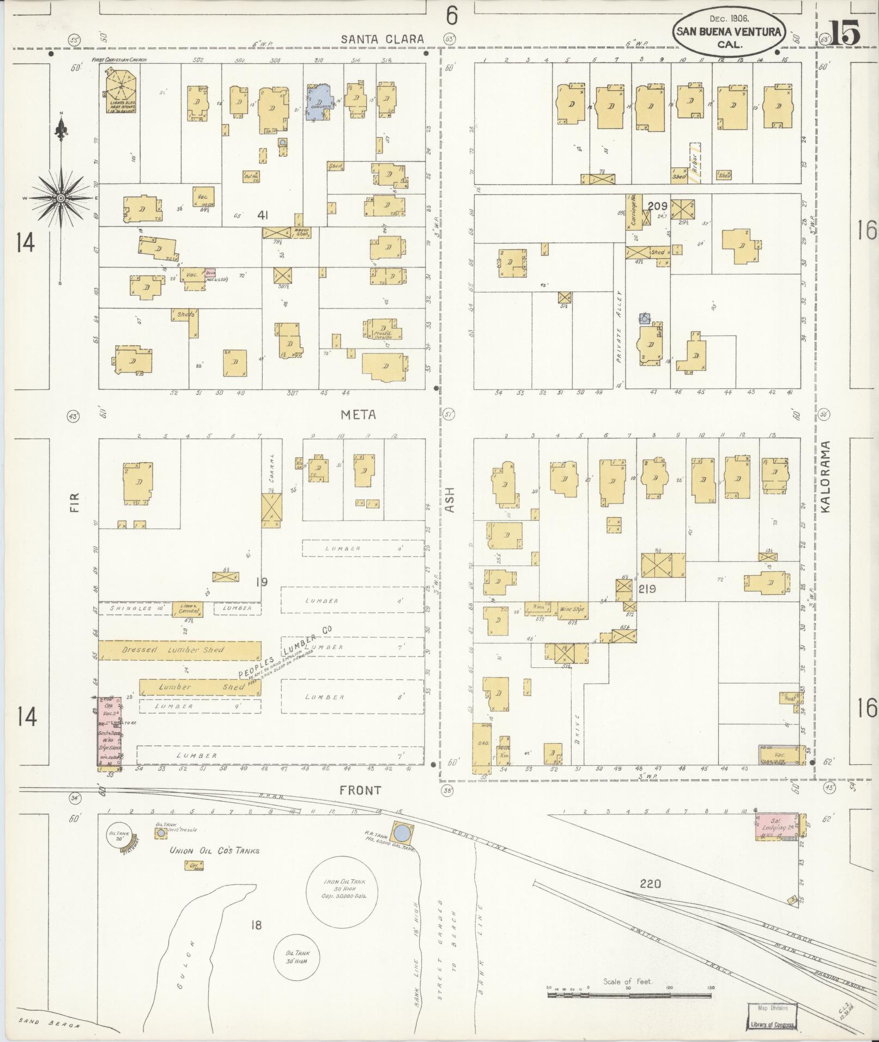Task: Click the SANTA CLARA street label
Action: [382, 39]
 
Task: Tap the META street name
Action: [358, 415]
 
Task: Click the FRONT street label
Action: [360, 790]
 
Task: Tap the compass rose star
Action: [61, 198]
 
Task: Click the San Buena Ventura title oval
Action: [729, 32]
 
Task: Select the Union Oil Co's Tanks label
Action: [214, 851]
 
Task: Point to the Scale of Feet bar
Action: [629, 994]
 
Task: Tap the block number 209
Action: [658, 206]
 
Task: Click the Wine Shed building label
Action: [572, 610]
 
